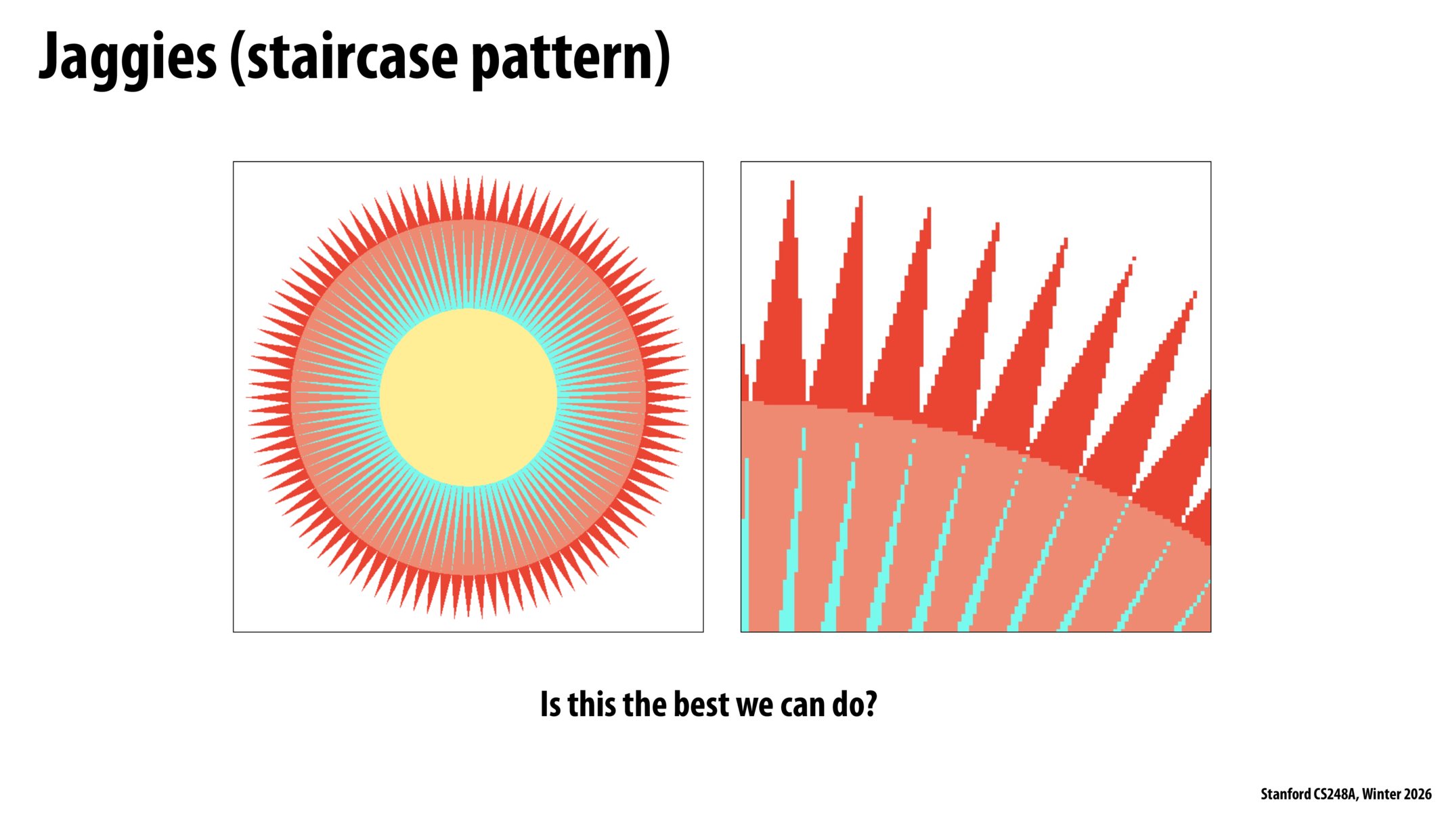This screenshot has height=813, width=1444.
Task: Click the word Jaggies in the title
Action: click(x=127, y=58)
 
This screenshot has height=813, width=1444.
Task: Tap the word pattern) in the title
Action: click(x=571, y=58)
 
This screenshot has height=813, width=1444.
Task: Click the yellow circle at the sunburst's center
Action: click(x=468, y=398)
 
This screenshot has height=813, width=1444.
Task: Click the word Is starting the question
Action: click(x=550, y=705)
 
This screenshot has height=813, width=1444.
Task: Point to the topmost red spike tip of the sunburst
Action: click(x=468, y=178)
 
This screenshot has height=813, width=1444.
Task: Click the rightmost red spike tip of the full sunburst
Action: click(x=688, y=398)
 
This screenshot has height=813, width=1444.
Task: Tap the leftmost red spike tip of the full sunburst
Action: click(x=247, y=398)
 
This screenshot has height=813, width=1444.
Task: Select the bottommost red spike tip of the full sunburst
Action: click(x=468, y=617)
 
